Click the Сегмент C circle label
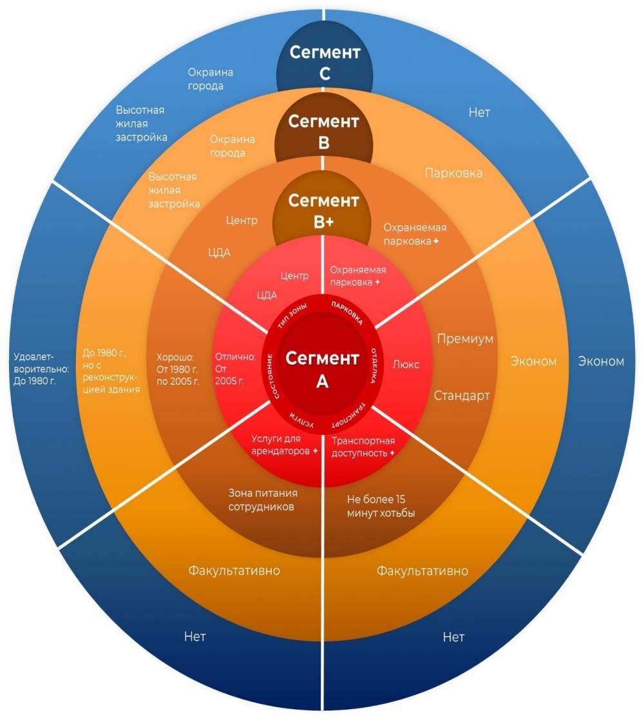pyautogui.click(x=324, y=62)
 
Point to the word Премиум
pyautogui.click(x=465, y=338)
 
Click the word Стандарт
pyautogui.click(x=462, y=395)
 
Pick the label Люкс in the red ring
pyautogui.click(x=406, y=364)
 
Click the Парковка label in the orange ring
pyautogui.click(x=453, y=173)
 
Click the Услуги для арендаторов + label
pyautogui.click(x=284, y=445)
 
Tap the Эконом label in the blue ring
pyautogui.click(x=601, y=361)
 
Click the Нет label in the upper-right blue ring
pyautogui.click(x=479, y=113)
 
